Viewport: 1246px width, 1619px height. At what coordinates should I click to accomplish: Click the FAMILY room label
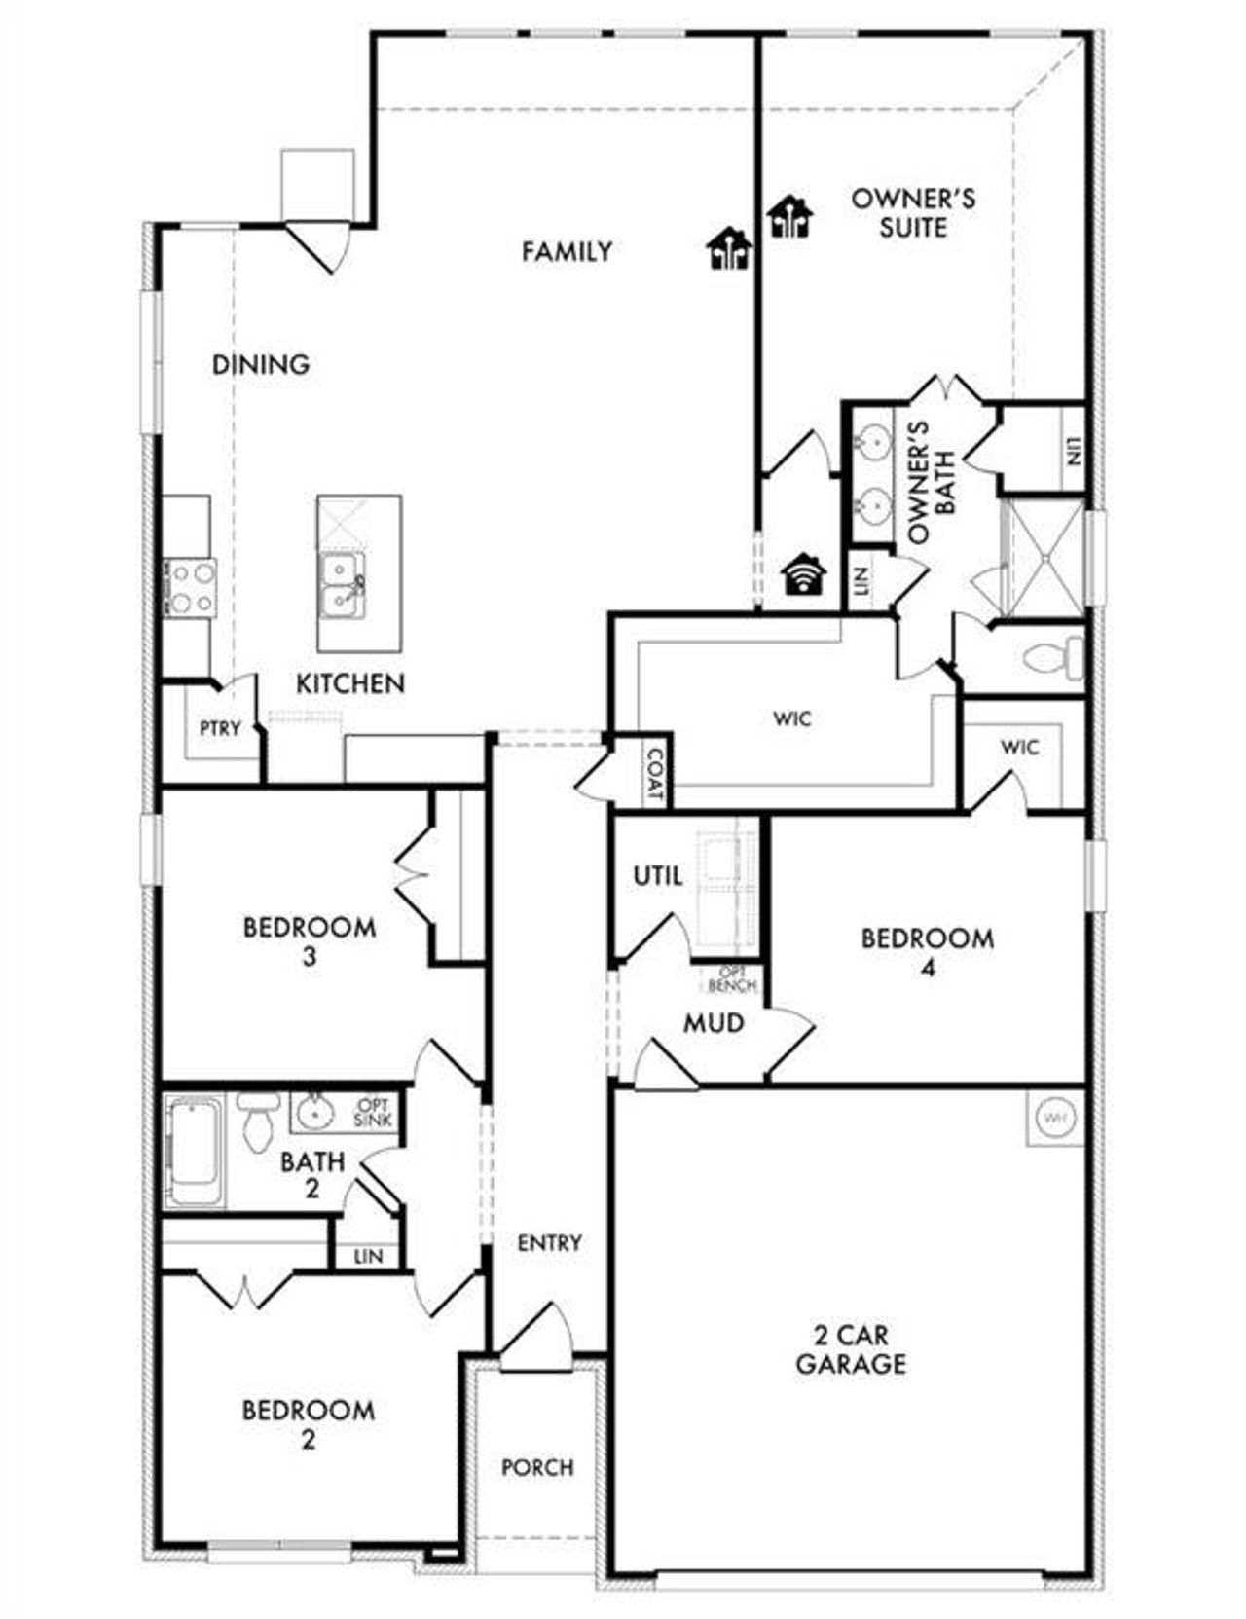tap(567, 252)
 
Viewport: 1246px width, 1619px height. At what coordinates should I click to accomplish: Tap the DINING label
tap(261, 365)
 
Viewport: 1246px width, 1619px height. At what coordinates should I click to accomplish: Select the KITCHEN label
tap(350, 683)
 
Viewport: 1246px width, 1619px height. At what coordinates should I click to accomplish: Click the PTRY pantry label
tap(220, 728)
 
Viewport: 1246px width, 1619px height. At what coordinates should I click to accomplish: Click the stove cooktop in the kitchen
tap(190, 588)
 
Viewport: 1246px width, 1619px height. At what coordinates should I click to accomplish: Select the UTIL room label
tap(658, 876)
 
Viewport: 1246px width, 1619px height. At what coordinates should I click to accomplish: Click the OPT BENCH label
tap(732, 979)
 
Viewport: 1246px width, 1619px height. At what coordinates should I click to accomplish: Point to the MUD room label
tap(714, 1023)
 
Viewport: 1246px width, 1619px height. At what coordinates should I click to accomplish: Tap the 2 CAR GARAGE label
tap(851, 1349)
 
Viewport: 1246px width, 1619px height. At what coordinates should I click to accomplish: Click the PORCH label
tap(537, 1467)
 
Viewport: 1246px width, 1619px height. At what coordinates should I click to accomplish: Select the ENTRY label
tap(550, 1243)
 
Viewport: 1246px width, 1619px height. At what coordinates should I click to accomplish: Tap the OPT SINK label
tap(374, 1113)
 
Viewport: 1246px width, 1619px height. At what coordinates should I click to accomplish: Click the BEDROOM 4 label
tap(928, 952)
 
